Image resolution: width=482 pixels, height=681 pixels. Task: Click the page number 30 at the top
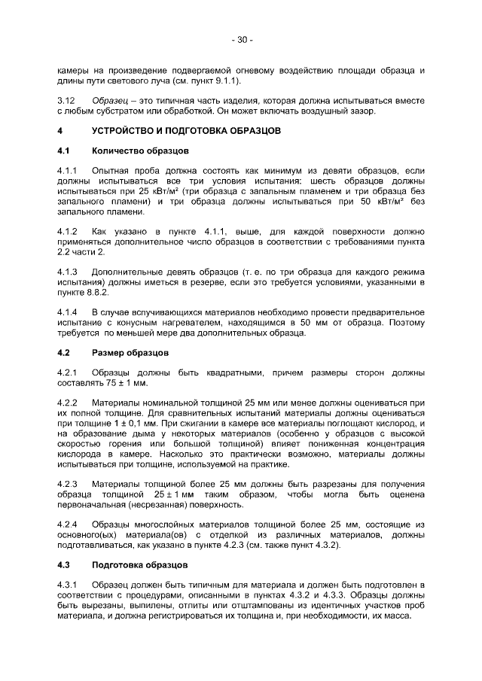[241, 39]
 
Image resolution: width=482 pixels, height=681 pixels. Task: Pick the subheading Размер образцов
[130, 352]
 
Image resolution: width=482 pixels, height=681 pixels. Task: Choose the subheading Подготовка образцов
[137, 564]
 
